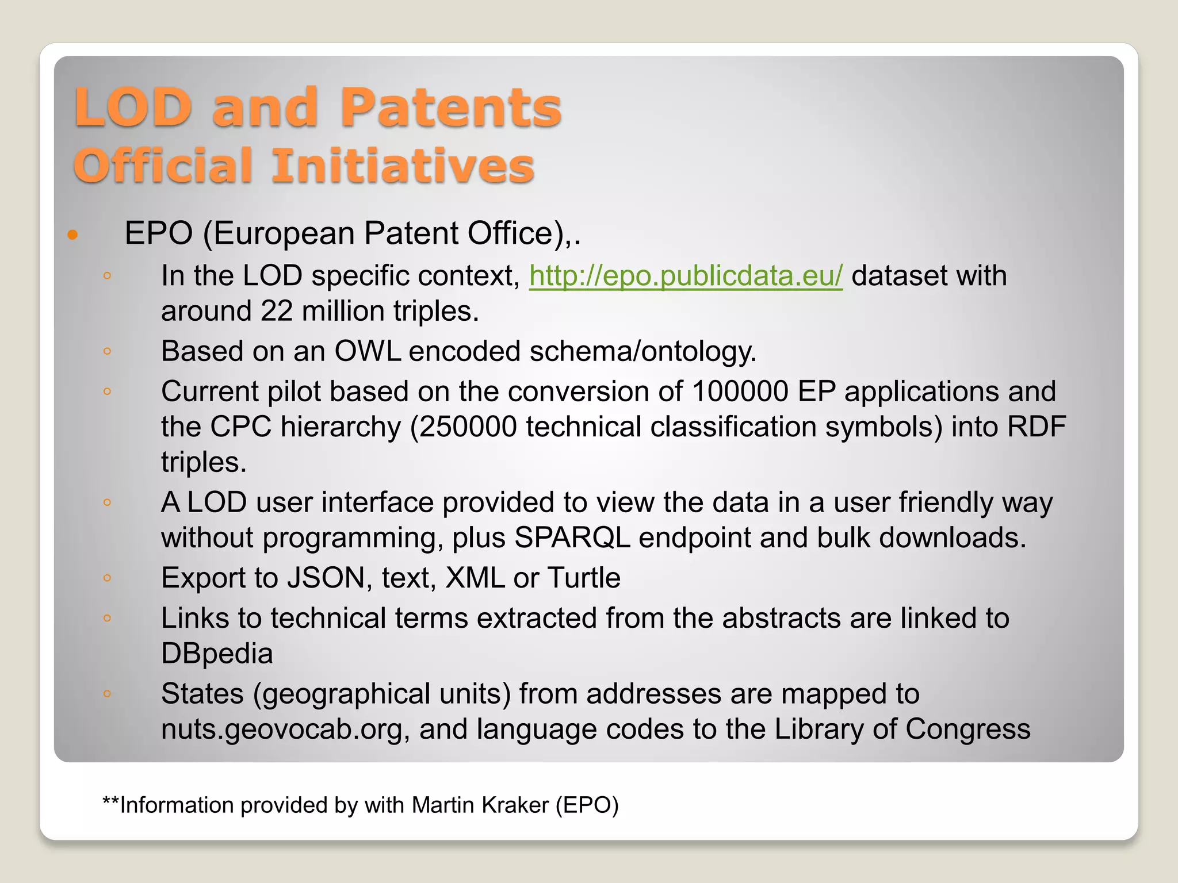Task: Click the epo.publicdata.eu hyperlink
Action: tap(686, 275)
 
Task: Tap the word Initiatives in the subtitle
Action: tap(403, 166)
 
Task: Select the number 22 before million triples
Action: tap(277, 311)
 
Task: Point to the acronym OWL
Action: tap(368, 351)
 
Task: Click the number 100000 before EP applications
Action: tap(740, 391)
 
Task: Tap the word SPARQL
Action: tap(572, 538)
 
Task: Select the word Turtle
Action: tap(584, 578)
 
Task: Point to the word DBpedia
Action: tap(217, 654)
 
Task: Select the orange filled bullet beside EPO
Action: tap(72, 235)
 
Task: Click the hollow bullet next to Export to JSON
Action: tap(107, 578)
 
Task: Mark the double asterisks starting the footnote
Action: tap(110, 802)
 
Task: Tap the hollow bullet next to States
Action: tap(107, 693)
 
